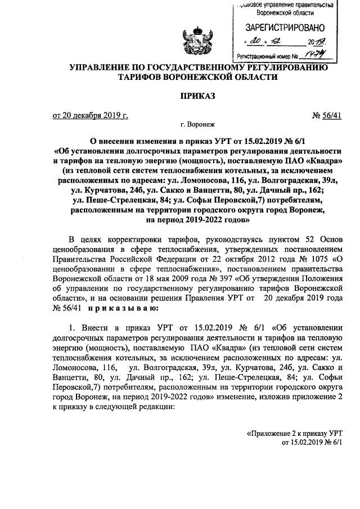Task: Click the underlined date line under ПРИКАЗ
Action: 90,116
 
